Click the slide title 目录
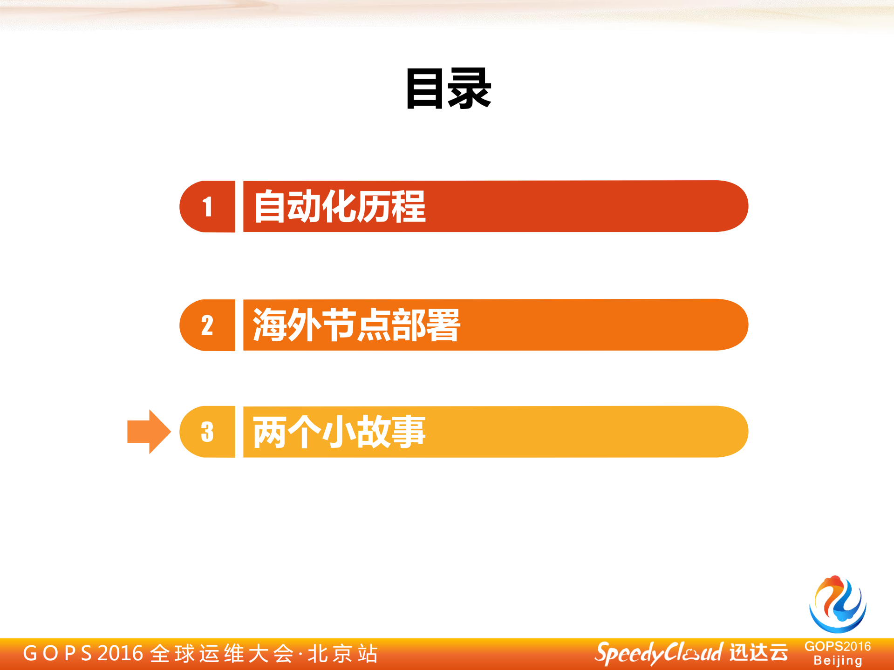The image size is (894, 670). (x=448, y=88)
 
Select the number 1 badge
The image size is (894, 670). (x=207, y=206)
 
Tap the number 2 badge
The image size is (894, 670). (x=207, y=325)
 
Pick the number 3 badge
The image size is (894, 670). (x=207, y=432)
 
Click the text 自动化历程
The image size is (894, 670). (x=340, y=206)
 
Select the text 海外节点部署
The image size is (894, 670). (x=356, y=325)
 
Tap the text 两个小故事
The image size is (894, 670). (x=339, y=432)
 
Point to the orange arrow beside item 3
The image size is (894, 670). (x=148, y=432)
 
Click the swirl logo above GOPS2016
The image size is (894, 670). (x=837, y=604)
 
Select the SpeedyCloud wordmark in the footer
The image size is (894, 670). (x=658, y=653)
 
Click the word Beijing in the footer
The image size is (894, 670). (x=838, y=661)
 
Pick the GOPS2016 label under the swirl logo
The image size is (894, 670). (x=838, y=646)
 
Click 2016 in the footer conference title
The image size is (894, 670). (x=120, y=653)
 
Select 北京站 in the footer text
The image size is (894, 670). (x=343, y=653)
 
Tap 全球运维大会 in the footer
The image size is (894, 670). (x=222, y=653)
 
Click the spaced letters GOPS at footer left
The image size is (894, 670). (x=57, y=653)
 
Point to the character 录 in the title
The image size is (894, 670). (x=470, y=88)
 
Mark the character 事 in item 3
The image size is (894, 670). (x=409, y=432)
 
